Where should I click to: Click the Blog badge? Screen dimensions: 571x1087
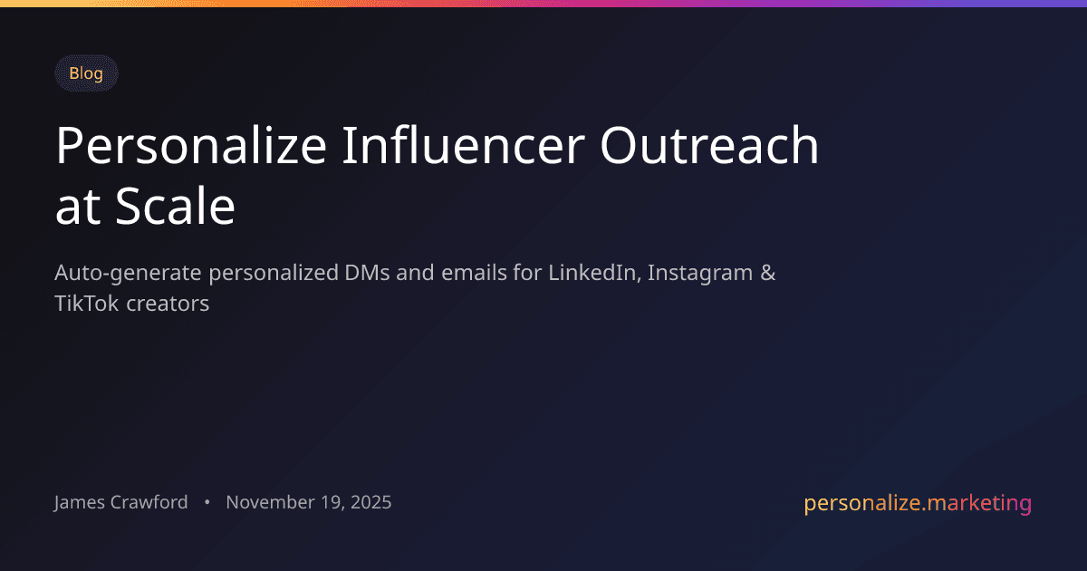pos(86,73)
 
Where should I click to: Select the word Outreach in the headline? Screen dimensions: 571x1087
pos(708,146)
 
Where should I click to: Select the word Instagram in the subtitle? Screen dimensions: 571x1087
pos(700,273)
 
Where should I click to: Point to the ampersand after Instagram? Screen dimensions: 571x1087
pos(767,273)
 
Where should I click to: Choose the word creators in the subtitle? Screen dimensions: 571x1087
pos(168,304)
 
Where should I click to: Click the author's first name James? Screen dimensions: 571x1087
pos(82,502)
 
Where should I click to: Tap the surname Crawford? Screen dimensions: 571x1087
pos(152,502)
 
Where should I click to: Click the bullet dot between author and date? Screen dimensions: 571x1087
pos(207,502)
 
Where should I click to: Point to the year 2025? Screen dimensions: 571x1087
pos(370,502)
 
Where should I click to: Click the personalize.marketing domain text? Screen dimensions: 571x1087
pos(918,503)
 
